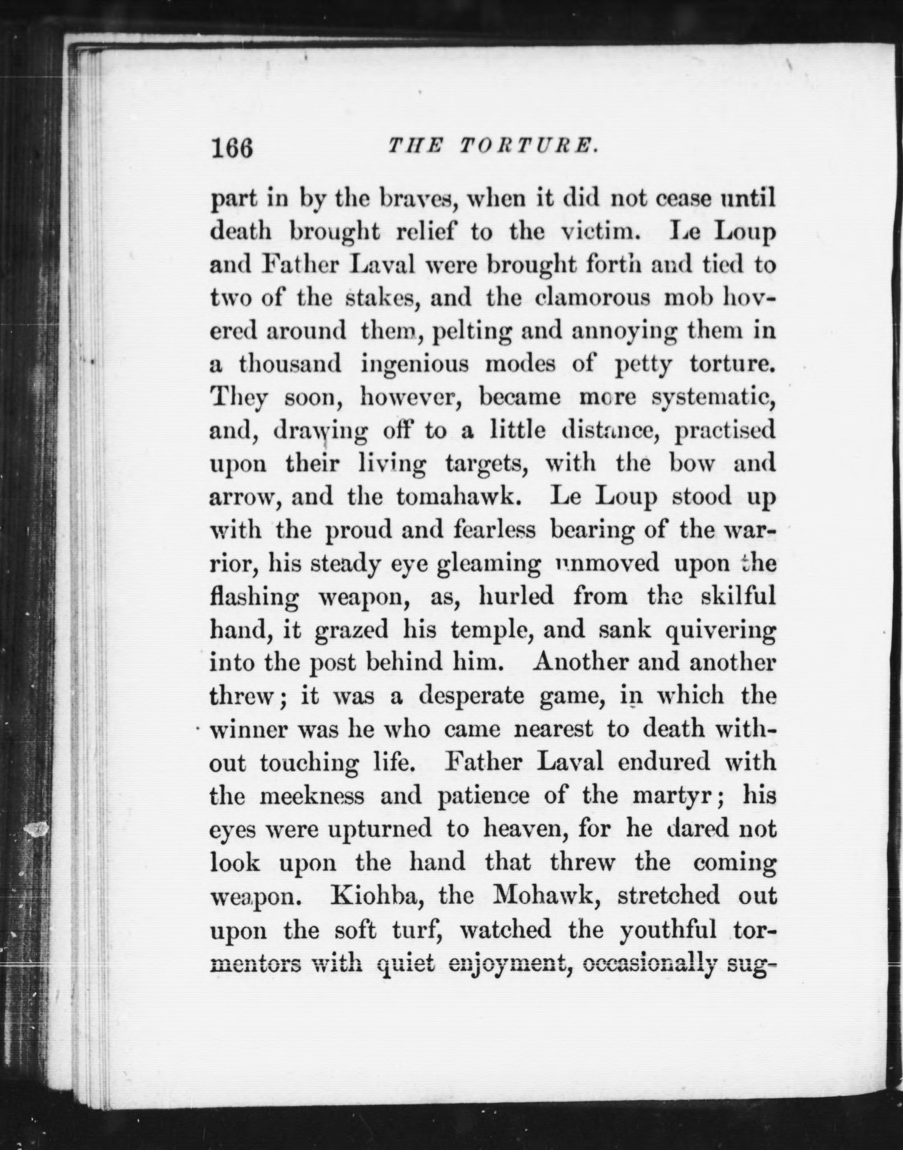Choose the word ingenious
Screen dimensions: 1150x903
tap(415, 365)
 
